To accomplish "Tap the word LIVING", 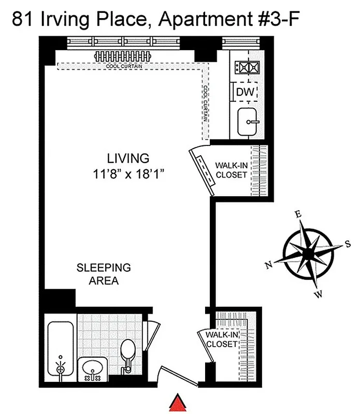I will click(x=128, y=158).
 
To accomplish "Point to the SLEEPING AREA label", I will click(x=104, y=274).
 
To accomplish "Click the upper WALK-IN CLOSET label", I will click(x=231, y=170).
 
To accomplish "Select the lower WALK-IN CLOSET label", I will click(x=221, y=339).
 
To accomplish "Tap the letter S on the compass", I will click(x=348, y=245).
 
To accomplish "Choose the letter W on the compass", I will click(x=319, y=294).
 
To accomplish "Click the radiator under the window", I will click(x=123, y=56).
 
